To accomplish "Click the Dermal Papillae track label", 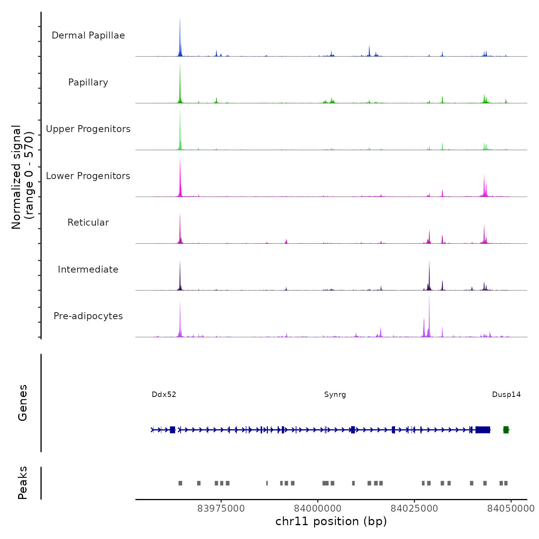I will click(x=88, y=35).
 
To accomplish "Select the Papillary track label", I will click(x=88, y=82).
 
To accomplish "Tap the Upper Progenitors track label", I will click(x=88, y=129).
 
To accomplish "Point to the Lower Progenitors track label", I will click(x=88, y=176).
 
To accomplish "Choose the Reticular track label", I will click(x=88, y=223).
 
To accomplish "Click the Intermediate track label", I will click(x=88, y=269).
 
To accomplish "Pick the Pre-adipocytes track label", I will click(x=88, y=316).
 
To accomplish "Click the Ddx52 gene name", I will click(x=164, y=395).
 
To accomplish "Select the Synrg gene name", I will click(x=335, y=395).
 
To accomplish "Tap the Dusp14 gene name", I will click(x=506, y=395).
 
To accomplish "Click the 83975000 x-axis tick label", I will click(x=221, y=509).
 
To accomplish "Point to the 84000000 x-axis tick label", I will click(x=318, y=509).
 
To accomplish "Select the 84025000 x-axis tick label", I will click(x=414, y=509).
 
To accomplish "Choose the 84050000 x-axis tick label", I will click(x=511, y=509).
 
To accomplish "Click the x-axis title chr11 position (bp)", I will click(x=331, y=522).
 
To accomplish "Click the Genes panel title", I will click(x=23, y=403).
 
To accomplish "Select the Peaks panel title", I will click(x=23, y=483).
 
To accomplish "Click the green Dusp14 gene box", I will click(x=506, y=430).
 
